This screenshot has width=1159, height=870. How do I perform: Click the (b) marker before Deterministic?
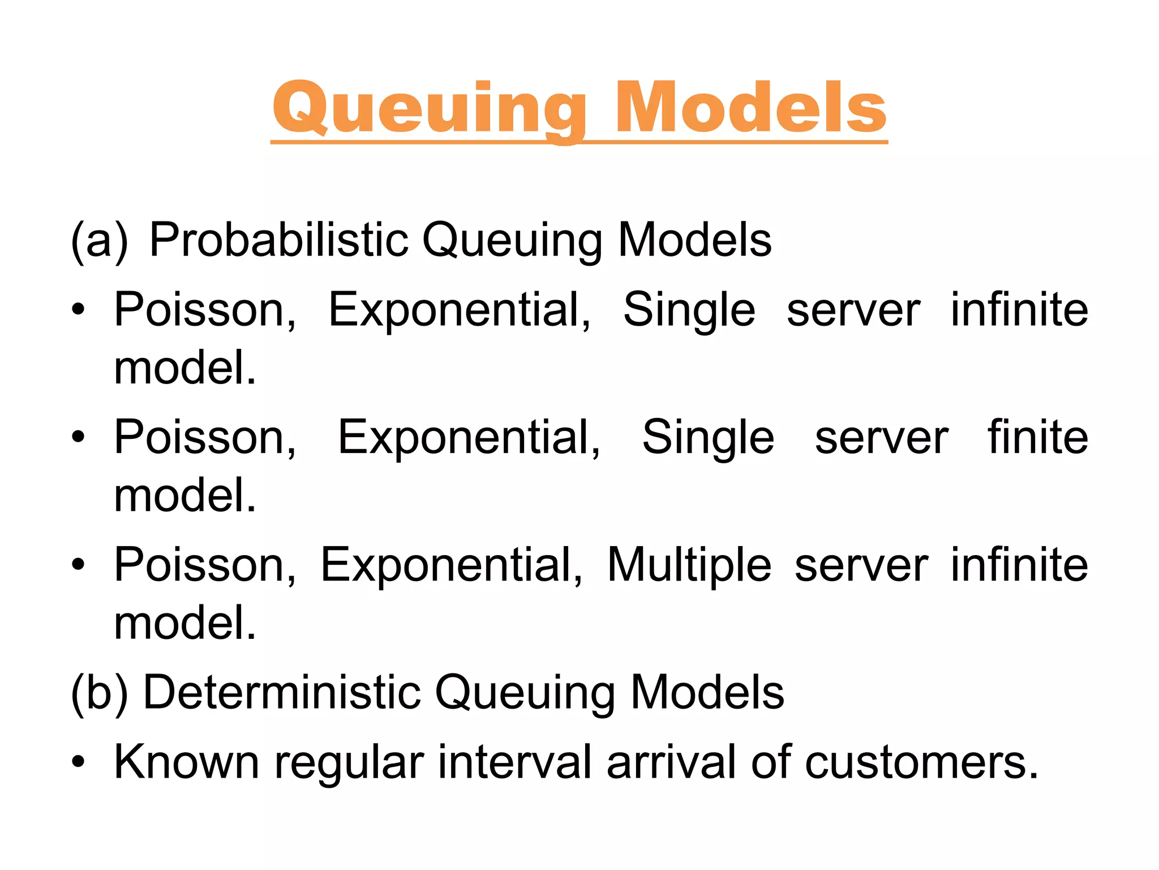pos(99,692)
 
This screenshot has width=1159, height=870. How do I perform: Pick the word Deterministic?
pos(282,692)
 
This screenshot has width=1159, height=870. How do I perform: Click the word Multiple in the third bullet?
pos(689,565)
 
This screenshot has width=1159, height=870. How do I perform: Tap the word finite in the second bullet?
pos(1037,437)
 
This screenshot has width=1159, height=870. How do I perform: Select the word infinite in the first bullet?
pos(1019,310)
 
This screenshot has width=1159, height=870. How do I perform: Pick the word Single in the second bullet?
pos(708,438)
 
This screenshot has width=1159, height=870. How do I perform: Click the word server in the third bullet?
pos(861,566)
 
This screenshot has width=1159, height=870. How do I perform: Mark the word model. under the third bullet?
pos(185,623)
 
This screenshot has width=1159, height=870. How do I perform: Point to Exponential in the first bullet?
pos(460,311)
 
